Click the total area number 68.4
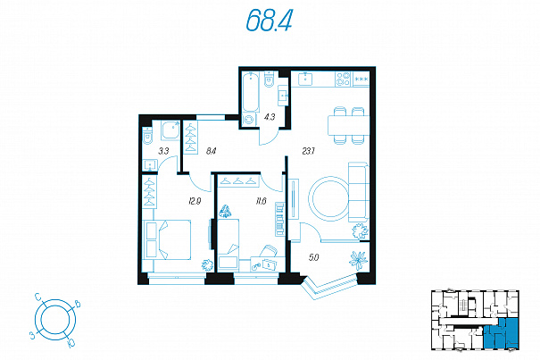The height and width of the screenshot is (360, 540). pyautogui.click(x=270, y=20)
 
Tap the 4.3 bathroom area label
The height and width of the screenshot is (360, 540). pyautogui.click(x=270, y=117)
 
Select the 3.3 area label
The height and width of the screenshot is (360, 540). pyautogui.click(x=163, y=151)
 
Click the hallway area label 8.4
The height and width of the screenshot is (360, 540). pyautogui.click(x=211, y=151)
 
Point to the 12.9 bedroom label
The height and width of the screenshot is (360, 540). pyautogui.click(x=195, y=201)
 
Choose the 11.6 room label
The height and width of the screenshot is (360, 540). pyautogui.click(x=261, y=201)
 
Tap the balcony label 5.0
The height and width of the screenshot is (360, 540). pyautogui.click(x=314, y=257)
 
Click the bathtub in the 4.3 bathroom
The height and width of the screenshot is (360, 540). pyautogui.click(x=251, y=91)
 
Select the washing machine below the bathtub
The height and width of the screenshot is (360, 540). pyautogui.click(x=249, y=120)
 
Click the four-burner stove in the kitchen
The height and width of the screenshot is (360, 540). pyautogui.click(x=343, y=79)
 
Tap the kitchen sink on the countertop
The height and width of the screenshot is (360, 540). pyautogui.click(x=305, y=79)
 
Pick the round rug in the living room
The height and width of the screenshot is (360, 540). pyautogui.click(x=330, y=198)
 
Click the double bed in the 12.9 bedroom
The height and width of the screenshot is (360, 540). pyautogui.click(x=167, y=239)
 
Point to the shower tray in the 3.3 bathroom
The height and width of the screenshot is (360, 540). pyautogui.click(x=170, y=130)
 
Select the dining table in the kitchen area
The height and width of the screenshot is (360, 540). pyautogui.click(x=348, y=126)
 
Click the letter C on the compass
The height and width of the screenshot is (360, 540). pyautogui.click(x=37, y=297)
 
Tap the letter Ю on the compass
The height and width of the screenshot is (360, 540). pyautogui.click(x=71, y=343)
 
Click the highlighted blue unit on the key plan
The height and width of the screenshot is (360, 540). pyautogui.click(x=501, y=333)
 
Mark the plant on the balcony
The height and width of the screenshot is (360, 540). pyautogui.click(x=358, y=259)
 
